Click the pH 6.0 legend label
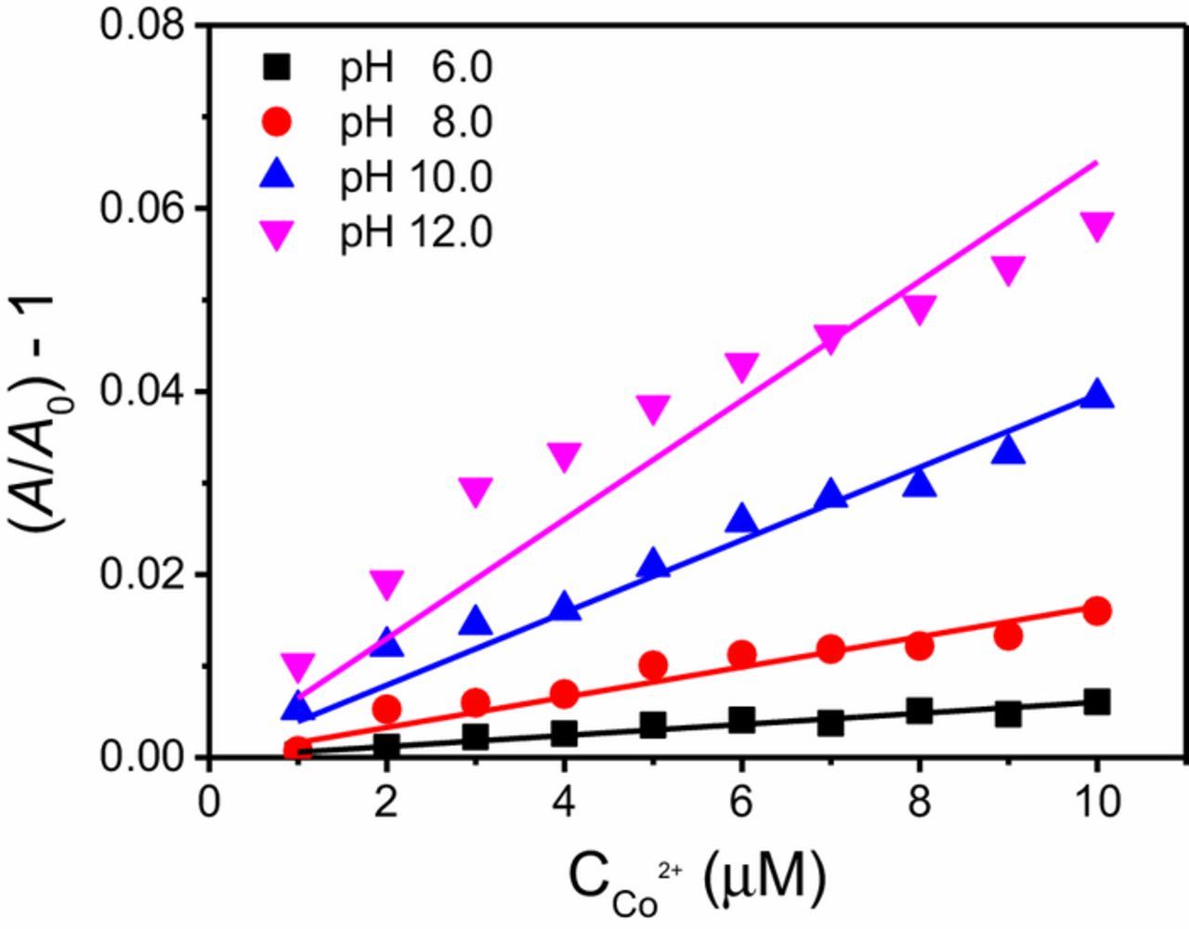click(x=415, y=68)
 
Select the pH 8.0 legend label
click(x=415, y=123)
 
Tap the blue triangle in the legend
click(x=278, y=175)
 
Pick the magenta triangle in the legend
click(x=278, y=236)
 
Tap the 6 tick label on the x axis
click(x=741, y=801)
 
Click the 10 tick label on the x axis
click(x=1096, y=801)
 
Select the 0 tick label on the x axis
click(x=209, y=801)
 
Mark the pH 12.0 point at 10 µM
click(x=1097, y=226)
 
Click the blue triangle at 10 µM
click(x=1097, y=395)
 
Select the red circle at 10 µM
click(x=1097, y=610)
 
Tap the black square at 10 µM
click(x=1097, y=702)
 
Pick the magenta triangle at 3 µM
click(x=476, y=491)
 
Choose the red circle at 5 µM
click(x=653, y=665)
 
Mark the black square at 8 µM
click(x=919, y=712)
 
